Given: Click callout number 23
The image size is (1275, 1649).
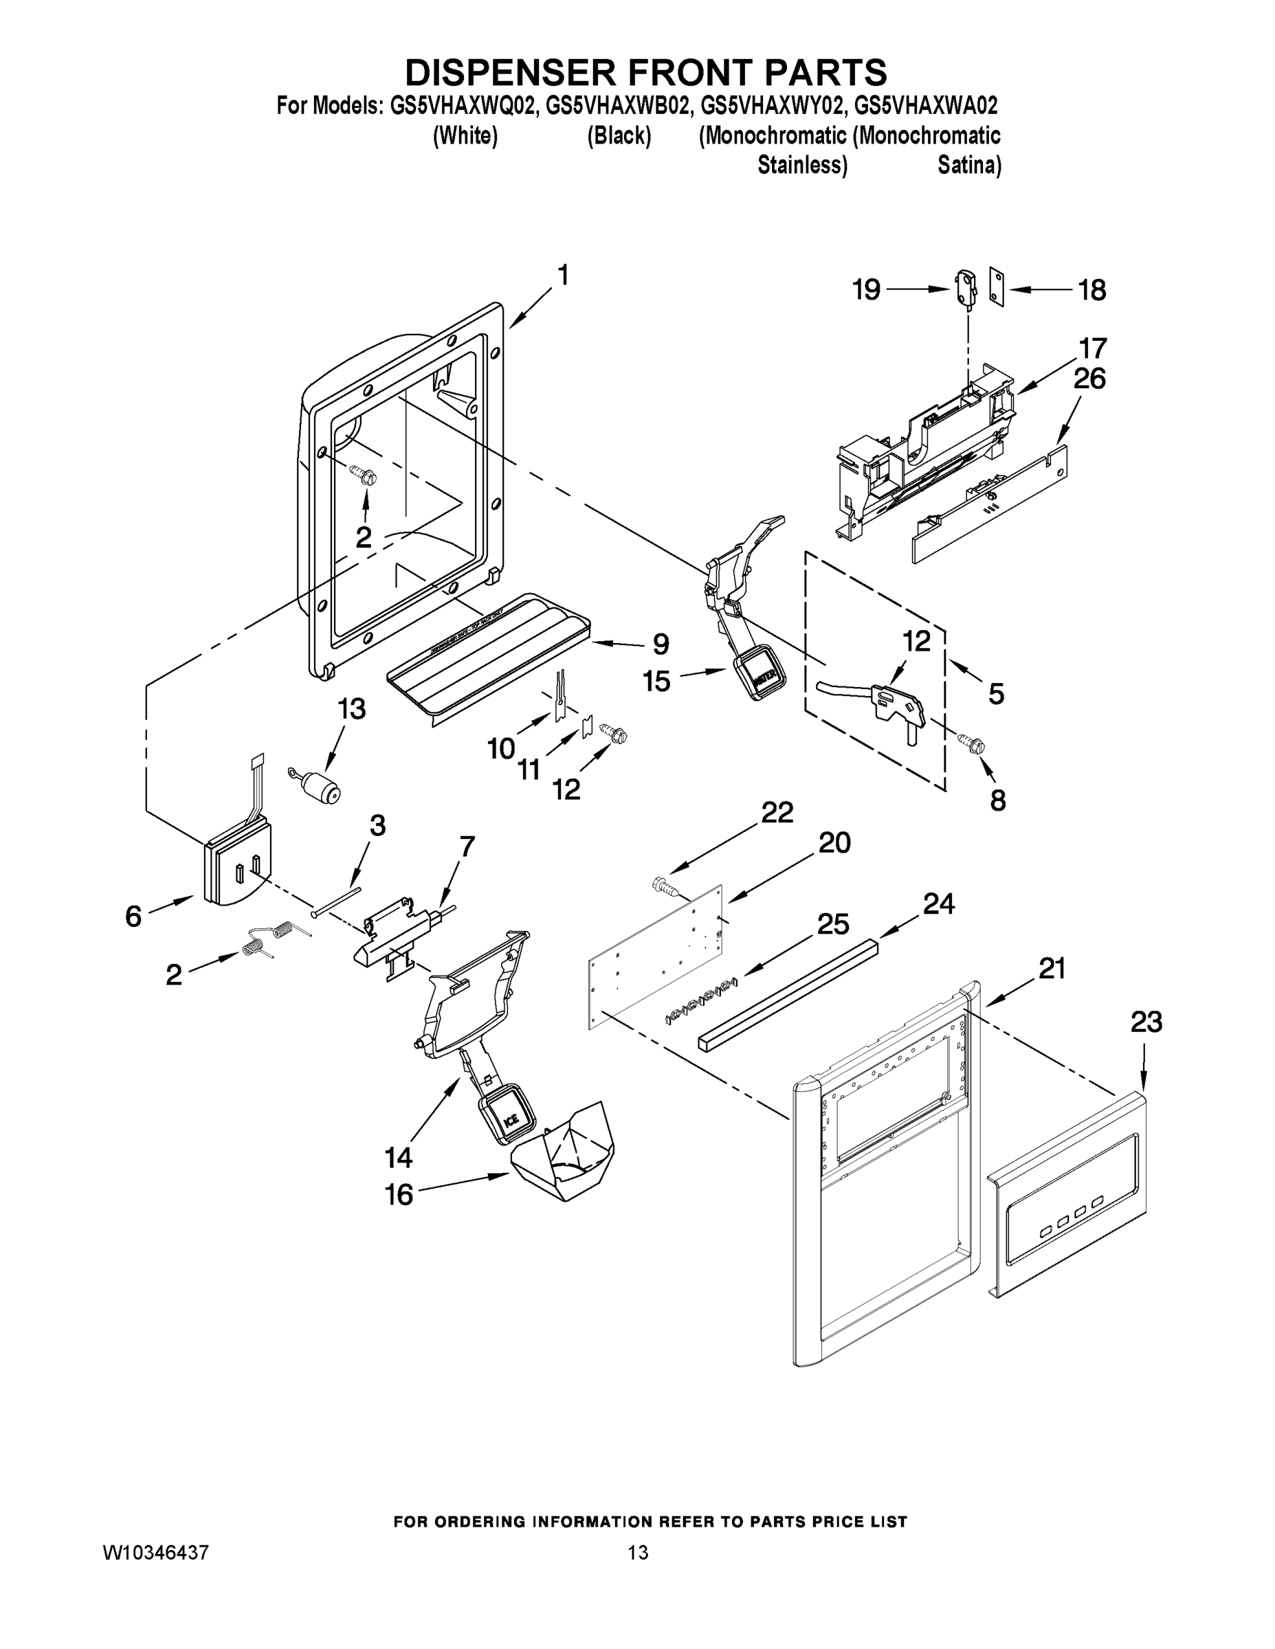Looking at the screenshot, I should (x=1146, y=1022).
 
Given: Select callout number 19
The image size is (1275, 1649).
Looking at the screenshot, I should (x=866, y=289).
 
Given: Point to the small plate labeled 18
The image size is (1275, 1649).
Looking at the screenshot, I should (x=997, y=289).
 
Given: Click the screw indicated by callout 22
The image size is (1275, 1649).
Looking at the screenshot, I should (x=665, y=885).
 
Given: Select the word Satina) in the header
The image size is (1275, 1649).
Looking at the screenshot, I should (x=969, y=165).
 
